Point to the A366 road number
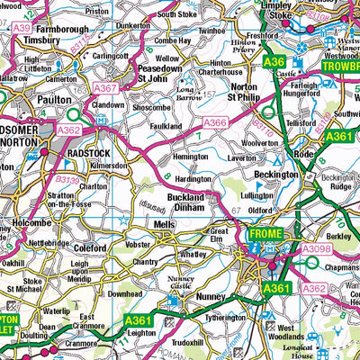[215, 122]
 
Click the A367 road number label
[105, 88]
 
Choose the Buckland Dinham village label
[192, 202]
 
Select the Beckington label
[276, 174]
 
